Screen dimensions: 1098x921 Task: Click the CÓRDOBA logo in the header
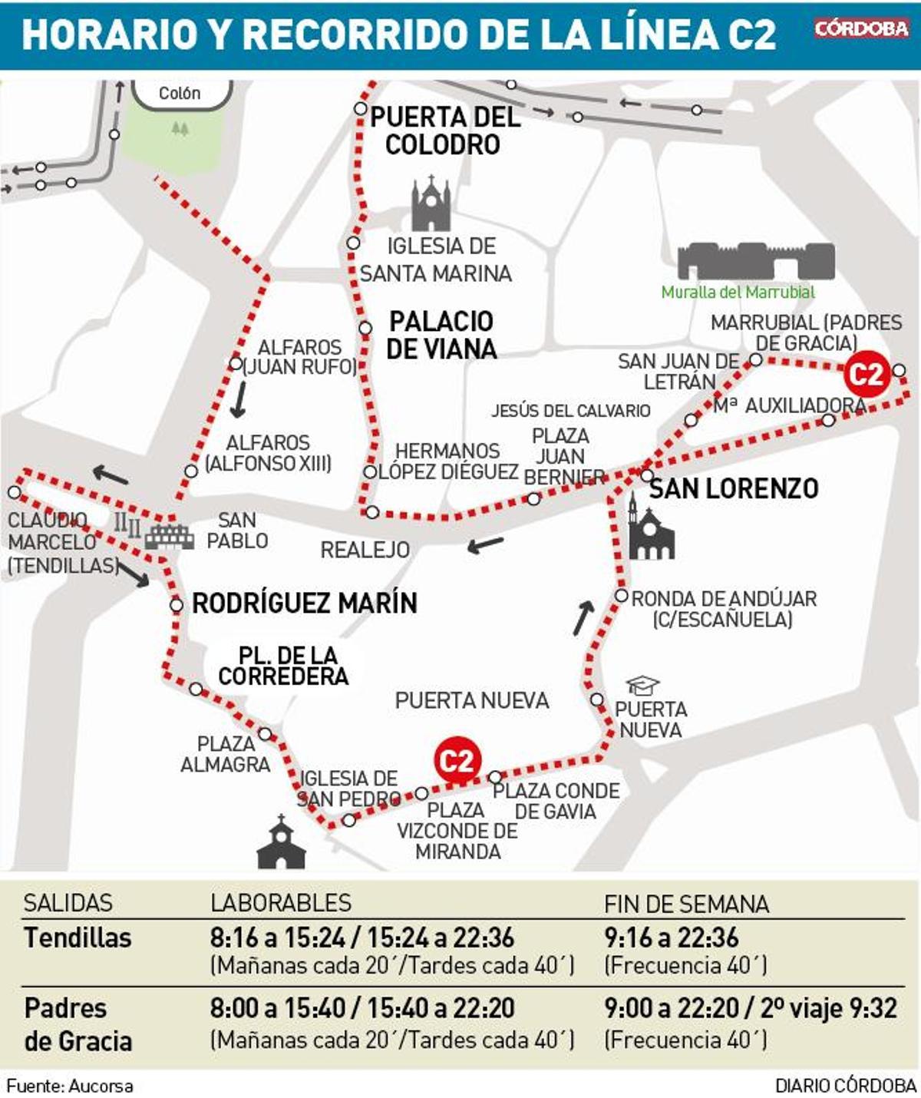pyautogui.click(x=861, y=29)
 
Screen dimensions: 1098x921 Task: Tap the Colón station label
pyautogui.click(x=180, y=94)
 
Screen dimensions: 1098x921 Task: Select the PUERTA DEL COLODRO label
pyautogui.click(x=444, y=131)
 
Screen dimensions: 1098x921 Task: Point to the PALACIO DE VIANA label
pyautogui.click(x=441, y=335)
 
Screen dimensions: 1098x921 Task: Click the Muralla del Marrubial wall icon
pyautogui.click(x=756, y=261)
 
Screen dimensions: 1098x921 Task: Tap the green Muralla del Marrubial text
pyautogui.click(x=738, y=293)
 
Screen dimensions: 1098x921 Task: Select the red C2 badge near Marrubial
pyautogui.click(x=866, y=375)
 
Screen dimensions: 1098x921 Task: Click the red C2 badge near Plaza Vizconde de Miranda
pyautogui.click(x=457, y=761)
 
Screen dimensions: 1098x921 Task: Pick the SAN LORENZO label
pyautogui.click(x=734, y=488)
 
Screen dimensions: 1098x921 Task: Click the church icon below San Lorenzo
pyautogui.click(x=651, y=530)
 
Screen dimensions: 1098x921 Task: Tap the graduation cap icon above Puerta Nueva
pyautogui.click(x=642, y=686)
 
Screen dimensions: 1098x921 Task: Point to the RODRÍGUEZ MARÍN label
pyautogui.click(x=304, y=604)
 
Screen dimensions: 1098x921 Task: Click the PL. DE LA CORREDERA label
pyautogui.click(x=282, y=666)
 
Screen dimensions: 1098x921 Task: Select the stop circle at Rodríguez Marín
pyautogui.click(x=177, y=605)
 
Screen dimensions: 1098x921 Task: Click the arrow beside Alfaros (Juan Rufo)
pyautogui.click(x=239, y=399)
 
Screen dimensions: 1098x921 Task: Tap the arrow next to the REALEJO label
pyautogui.click(x=486, y=546)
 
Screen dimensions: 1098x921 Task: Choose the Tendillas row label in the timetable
pyautogui.click(x=78, y=938)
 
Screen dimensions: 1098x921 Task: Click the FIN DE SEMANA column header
pyautogui.click(x=686, y=904)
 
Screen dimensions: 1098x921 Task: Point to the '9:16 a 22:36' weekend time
pyautogui.click(x=672, y=938)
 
